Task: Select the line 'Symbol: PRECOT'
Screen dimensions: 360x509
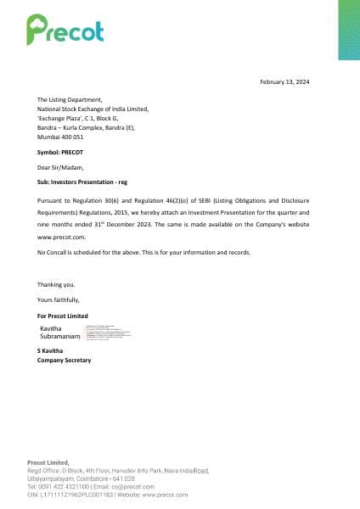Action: pos(60,151)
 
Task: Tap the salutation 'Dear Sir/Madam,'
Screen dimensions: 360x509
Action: pos(60,167)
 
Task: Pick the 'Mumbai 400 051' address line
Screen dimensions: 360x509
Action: pos(60,136)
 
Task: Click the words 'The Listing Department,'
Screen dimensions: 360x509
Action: pos(70,100)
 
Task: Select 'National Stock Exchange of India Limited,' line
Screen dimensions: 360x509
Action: pos(93,109)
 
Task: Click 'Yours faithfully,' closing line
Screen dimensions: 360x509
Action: pos(59,299)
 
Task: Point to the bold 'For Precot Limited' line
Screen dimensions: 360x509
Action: pos(63,316)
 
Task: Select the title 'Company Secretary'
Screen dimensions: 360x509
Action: pos(65,360)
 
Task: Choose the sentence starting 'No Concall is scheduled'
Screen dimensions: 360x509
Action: pos(143,252)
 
